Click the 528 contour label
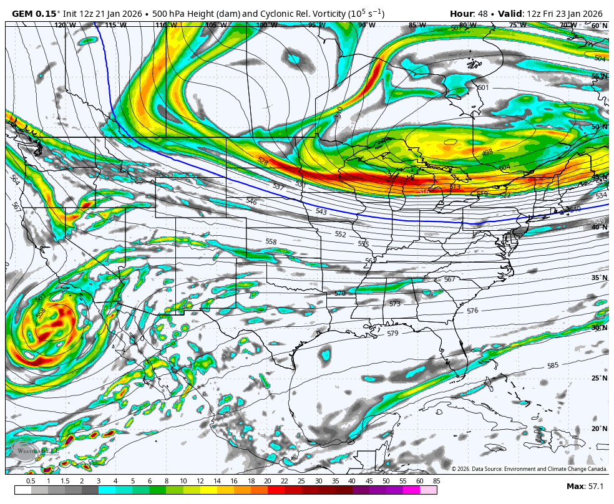[x=263, y=161]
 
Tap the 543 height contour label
[x=321, y=212]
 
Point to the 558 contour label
[x=271, y=241]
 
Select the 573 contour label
[x=394, y=304]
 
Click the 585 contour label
[x=553, y=366]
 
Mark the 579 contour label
[x=392, y=334]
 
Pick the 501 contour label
[x=483, y=88]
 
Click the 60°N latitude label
[x=599, y=26]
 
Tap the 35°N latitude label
[x=599, y=278]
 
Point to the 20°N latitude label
[x=599, y=429]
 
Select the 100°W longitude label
[x=266, y=26]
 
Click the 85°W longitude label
[x=417, y=26]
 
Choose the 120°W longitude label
[x=65, y=26]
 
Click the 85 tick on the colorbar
[x=436, y=481]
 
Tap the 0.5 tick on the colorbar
[x=31, y=481]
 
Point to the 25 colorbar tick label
[x=301, y=481]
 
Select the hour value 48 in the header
[x=484, y=14]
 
